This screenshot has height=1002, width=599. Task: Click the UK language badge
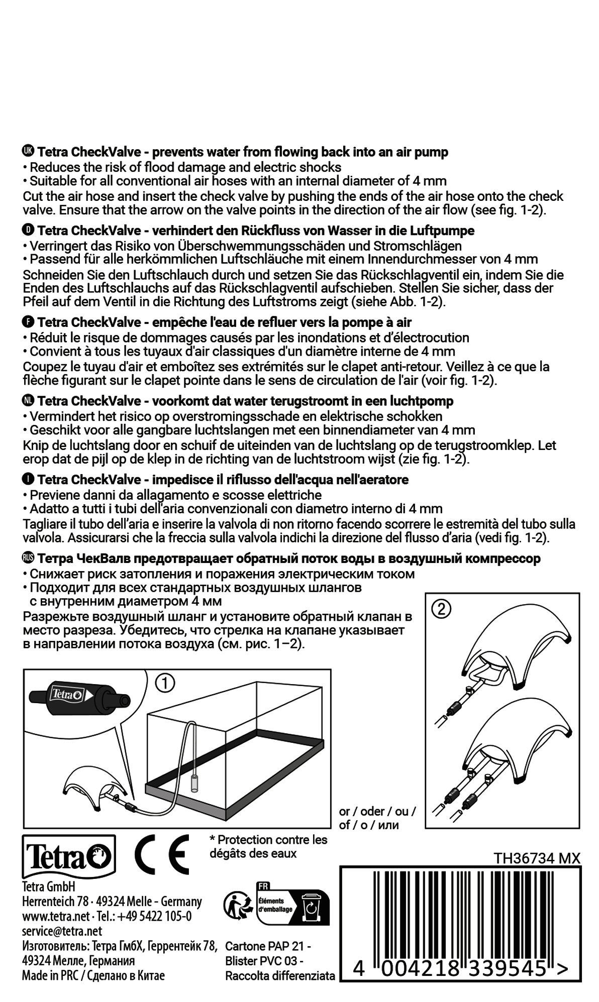tap(28, 151)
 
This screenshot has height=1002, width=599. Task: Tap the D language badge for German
tap(28, 230)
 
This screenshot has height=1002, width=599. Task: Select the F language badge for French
tap(28, 321)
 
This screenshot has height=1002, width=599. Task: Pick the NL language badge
tap(28, 400)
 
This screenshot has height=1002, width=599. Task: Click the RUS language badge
tap(28, 558)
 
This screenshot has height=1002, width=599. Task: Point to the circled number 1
tap(165, 684)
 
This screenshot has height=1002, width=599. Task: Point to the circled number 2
tap(441, 609)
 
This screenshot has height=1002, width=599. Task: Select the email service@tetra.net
tap(62, 930)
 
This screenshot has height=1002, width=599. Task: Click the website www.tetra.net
tap(55, 916)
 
